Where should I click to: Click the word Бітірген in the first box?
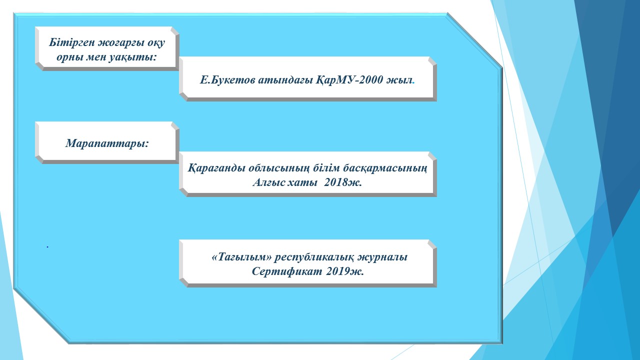(71, 42)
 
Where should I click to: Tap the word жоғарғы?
(121, 43)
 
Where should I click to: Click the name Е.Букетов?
(227, 80)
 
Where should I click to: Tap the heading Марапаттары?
(107, 143)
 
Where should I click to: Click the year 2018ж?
(343, 182)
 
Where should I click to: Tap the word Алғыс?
(268, 182)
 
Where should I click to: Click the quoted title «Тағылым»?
(241, 257)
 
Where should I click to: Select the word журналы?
(382, 257)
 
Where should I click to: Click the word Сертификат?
(287, 271)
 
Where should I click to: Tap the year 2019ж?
(344, 271)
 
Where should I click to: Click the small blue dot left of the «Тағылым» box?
(47, 246)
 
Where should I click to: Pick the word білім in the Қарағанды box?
(326, 167)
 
